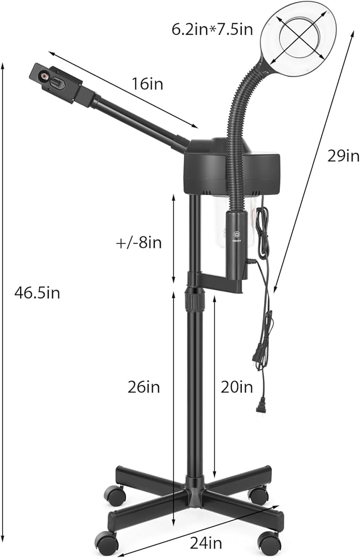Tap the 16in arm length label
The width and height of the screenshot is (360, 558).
(x=147, y=84)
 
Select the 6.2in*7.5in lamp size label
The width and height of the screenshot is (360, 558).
(x=213, y=30)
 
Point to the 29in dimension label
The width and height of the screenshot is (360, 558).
(x=343, y=156)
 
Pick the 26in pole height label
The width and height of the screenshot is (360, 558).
(x=144, y=387)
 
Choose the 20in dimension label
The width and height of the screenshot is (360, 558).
(x=237, y=387)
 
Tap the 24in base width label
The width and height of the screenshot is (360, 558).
(x=206, y=543)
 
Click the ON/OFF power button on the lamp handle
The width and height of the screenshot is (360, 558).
(x=236, y=234)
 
